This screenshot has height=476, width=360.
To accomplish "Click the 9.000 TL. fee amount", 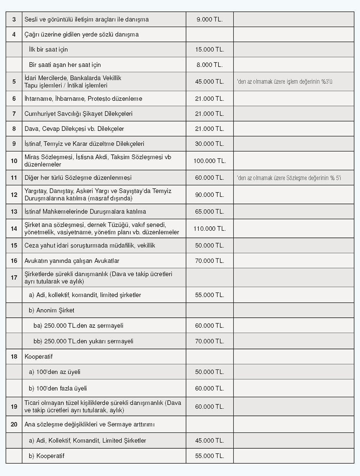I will [x=210, y=19].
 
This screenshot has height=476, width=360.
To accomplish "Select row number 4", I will [x=14, y=35].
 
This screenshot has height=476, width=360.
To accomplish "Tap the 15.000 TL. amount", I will [x=210, y=50].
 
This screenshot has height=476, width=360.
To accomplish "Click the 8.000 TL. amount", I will [x=210, y=65].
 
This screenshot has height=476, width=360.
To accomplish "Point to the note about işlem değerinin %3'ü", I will [x=284, y=82].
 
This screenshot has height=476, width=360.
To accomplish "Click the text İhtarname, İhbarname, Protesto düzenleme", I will [x=83, y=99].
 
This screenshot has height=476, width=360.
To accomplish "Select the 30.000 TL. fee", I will [x=210, y=144].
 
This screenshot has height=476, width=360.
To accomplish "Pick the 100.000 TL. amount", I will [x=210, y=161].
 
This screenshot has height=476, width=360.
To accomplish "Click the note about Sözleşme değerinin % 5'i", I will [x=289, y=178].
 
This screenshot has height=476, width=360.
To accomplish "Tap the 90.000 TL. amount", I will [x=210, y=195].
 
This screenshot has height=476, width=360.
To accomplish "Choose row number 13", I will [x=14, y=212].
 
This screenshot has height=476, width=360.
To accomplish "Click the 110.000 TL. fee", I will [x=210, y=228].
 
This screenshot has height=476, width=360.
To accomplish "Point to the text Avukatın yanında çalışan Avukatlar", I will [x=72, y=261].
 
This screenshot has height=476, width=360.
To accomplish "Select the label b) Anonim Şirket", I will [x=51, y=310].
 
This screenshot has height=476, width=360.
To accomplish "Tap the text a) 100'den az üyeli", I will [x=54, y=372].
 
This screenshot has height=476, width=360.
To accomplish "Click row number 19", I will [x=14, y=407].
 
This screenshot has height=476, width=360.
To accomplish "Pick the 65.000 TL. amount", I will [x=210, y=212].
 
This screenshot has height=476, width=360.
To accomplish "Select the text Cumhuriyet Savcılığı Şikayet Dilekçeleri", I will [x=78, y=114].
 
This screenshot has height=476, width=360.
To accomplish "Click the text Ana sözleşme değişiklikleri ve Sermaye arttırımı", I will [x=89, y=425].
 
